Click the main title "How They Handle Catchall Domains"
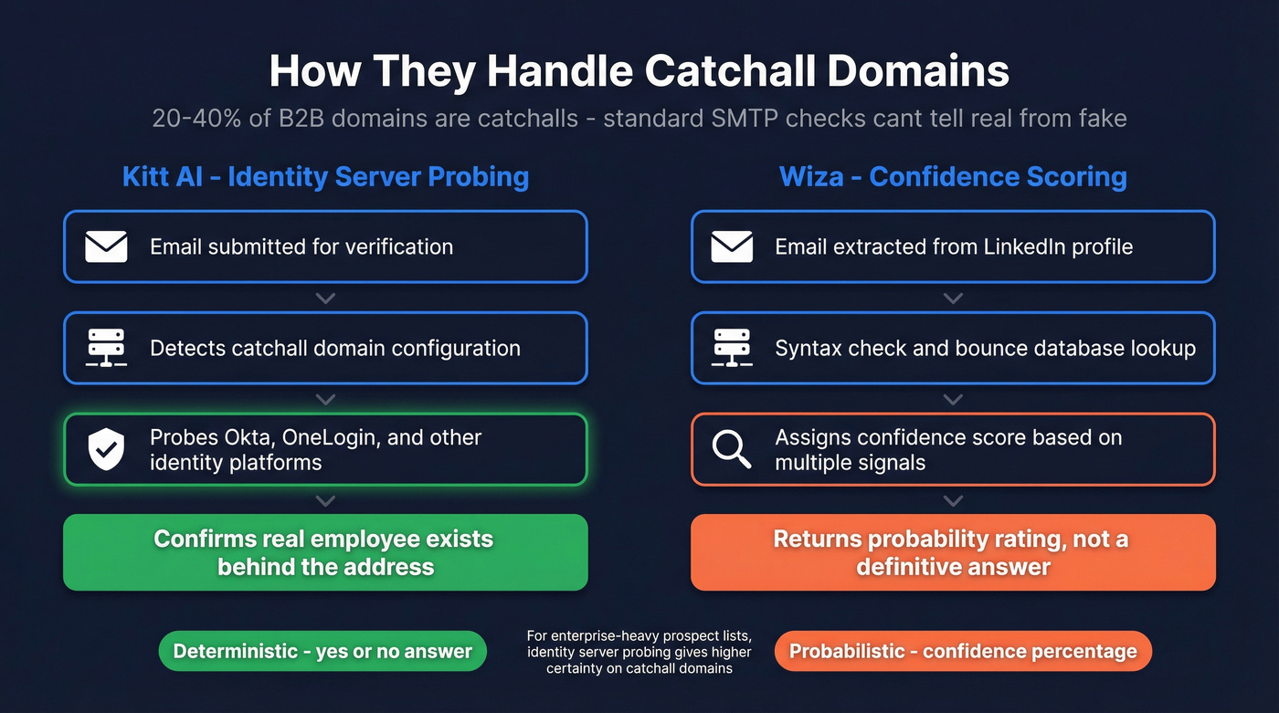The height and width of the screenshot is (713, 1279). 639,71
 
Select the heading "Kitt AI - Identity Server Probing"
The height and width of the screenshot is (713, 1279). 325,176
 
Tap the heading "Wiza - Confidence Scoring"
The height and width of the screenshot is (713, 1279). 953,176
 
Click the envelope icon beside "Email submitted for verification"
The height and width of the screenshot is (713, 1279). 106,246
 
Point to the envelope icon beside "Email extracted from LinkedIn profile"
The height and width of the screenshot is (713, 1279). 732,246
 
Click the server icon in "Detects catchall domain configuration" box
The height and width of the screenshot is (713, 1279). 106,348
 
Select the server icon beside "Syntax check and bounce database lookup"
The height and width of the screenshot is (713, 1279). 732,348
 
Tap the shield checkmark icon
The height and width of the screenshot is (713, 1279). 106,450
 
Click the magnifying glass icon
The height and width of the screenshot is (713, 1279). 732,450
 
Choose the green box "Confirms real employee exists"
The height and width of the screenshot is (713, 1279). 325,552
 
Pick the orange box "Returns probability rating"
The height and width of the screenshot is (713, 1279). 953,552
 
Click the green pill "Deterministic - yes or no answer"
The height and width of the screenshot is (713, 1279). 322,651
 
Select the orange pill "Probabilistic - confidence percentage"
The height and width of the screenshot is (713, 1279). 963,651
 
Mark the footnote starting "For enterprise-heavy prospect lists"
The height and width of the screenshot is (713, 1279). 639,652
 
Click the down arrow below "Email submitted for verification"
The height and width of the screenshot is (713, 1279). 325,299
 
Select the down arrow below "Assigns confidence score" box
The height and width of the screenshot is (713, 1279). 953,500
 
